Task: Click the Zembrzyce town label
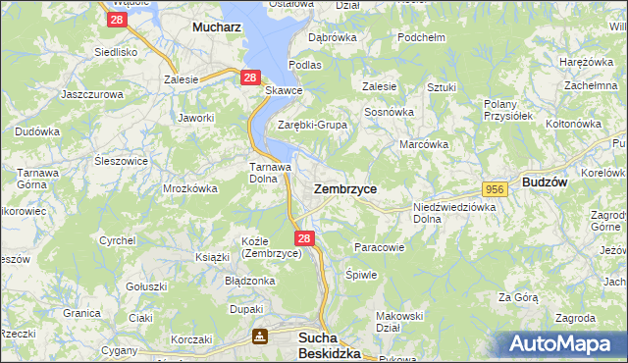tap(344, 186)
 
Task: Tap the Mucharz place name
tap(218, 27)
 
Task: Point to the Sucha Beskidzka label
tap(329, 345)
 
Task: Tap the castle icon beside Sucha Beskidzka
tap(259, 337)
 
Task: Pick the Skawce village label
tap(284, 91)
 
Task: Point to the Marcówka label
tap(424, 144)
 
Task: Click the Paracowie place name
tap(379, 247)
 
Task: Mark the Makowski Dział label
tap(399, 322)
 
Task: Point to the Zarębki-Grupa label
tap(312, 125)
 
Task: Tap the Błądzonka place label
tap(249, 281)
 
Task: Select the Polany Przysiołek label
tap(507, 109)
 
